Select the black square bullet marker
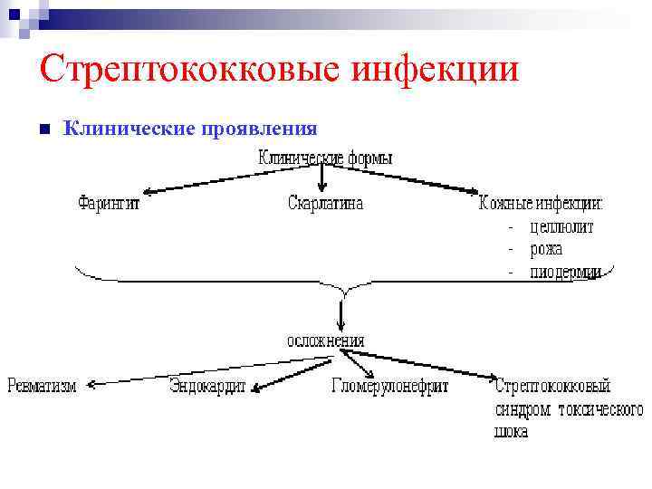point(44,129)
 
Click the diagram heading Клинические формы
point(325,157)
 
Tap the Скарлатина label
point(325,203)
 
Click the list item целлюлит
point(561,226)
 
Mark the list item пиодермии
point(565,272)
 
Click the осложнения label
point(326,340)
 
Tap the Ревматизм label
point(42,387)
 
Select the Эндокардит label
point(207,387)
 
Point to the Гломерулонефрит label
point(389,387)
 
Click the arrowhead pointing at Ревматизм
point(89,384)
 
